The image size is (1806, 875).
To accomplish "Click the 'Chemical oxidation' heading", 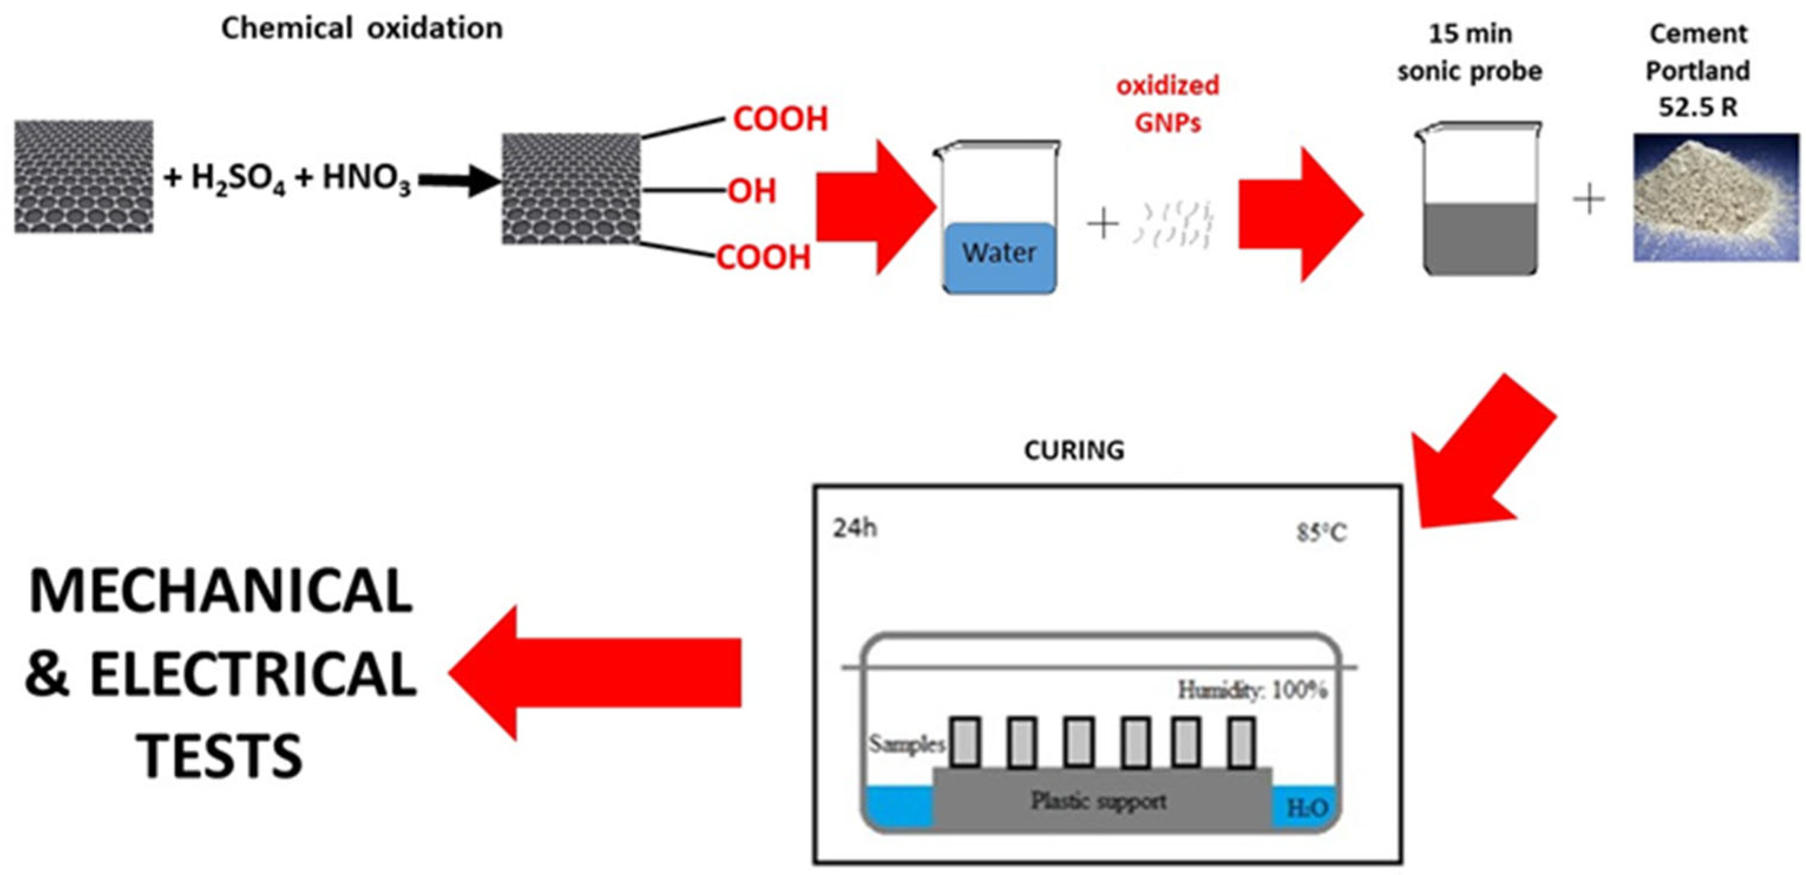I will [362, 29].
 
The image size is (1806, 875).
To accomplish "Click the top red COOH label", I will [780, 119].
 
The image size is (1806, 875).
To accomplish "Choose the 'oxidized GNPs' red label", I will [1167, 104].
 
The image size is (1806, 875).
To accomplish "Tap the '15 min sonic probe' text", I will [1469, 52].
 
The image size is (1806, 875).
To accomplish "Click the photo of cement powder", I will [1716, 197].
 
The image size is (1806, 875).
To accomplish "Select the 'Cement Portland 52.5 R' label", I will [1697, 70].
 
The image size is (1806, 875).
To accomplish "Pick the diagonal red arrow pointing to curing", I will [1479, 455].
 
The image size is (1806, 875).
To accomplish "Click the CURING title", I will [1073, 450].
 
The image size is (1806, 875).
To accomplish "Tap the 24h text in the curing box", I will [855, 528].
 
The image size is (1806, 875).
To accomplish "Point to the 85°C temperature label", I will [1321, 533].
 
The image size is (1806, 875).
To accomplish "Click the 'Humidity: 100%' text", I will [1252, 690].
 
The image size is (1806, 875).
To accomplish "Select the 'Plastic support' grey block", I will [1099, 801].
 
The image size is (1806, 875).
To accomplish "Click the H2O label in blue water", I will [1307, 808].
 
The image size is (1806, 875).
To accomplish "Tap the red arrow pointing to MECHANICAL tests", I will [596, 672].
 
